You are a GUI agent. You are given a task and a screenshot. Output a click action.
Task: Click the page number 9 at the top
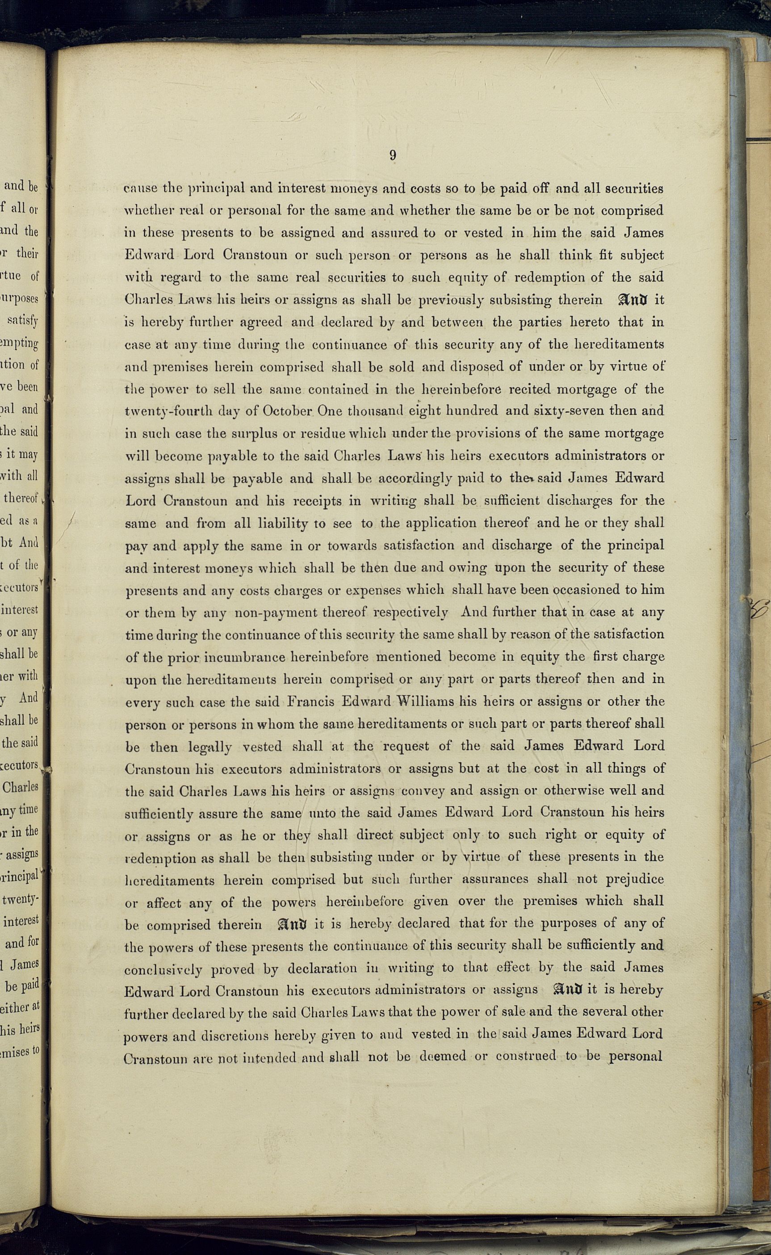click(392, 155)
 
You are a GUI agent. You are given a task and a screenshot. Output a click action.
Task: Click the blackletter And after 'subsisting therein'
click(633, 300)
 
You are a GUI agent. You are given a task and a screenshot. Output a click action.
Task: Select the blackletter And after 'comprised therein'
click(292, 924)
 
